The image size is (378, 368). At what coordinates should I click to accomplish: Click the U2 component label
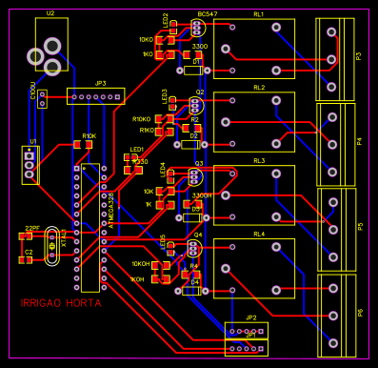[50, 14]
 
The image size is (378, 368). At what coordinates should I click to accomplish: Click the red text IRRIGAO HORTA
[61, 303]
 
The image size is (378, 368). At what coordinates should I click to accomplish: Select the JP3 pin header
[99, 97]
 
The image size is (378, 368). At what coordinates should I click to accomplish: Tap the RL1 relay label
[259, 15]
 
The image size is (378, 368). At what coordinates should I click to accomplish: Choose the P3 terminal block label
[359, 56]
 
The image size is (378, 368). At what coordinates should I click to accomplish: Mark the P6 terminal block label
[359, 312]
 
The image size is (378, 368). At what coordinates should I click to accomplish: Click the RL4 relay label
[259, 234]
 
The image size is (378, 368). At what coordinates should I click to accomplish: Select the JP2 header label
[250, 317]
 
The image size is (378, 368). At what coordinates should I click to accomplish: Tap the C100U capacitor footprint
[42, 102]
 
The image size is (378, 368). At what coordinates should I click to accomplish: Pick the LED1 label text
[137, 150]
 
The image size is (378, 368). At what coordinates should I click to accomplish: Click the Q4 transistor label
[198, 234]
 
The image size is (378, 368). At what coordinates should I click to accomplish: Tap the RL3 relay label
[259, 161]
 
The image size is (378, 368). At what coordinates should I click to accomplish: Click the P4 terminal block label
[359, 141]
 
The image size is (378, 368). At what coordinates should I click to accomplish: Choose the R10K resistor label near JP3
[89, 135]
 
